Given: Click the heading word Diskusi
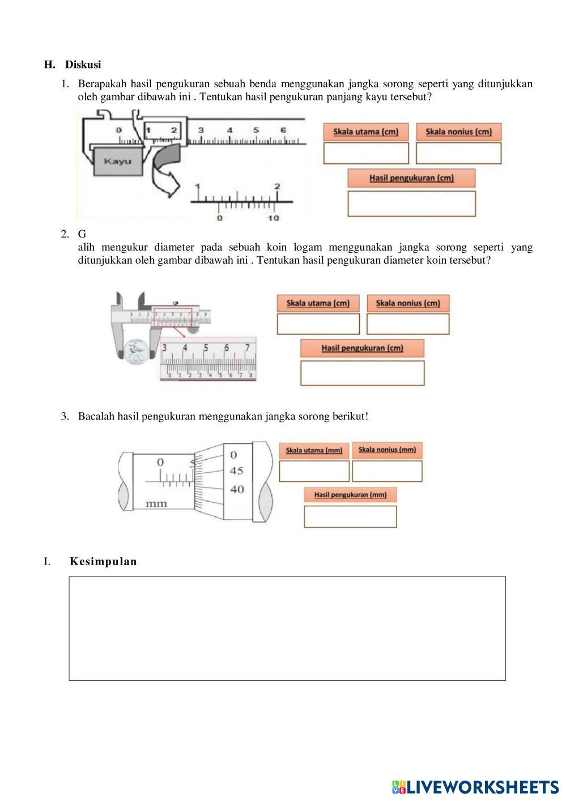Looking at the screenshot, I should pos(83,65).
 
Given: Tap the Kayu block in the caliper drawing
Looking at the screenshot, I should pos(118,161).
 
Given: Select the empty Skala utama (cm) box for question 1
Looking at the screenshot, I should pos(366,153).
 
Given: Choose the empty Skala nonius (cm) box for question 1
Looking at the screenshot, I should pos(458,153).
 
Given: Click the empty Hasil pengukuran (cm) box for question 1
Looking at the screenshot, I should pos(411,204).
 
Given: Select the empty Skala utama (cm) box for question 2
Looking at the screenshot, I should pos(318,324).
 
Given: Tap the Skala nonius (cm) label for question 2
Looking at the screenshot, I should pos(407,303).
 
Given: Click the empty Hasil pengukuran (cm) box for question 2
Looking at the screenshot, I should pos(362,372).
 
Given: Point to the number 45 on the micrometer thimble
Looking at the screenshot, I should pos(236,471).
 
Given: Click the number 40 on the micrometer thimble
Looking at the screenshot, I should pos(236,489).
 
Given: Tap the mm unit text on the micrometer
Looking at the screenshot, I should pos(156,503).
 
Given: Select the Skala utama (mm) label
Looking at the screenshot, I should pos(314,450).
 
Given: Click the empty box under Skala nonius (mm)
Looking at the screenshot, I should pos(387,471).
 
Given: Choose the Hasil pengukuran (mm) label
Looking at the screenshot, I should pos(350,495).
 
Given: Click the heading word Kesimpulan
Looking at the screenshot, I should pos(103,562).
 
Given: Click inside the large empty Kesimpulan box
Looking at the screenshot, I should pos(287,628).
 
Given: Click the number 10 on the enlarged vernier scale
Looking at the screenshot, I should pos(273,218).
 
